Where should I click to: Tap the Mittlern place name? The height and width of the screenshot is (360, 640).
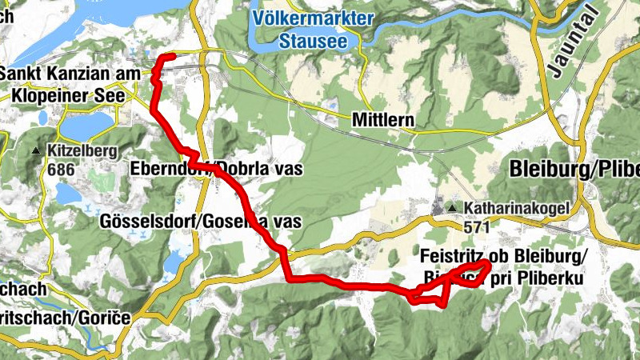(x=383, y=120)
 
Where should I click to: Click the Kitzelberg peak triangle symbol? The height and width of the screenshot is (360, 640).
(x=37, y=150)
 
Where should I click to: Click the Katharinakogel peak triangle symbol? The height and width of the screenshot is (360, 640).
(x=453, y=208)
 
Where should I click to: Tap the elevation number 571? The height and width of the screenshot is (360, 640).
(x=477, y=227)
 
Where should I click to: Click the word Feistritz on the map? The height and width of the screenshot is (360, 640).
(x=454, y=256)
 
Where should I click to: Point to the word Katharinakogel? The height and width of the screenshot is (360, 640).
(x=515, y=208)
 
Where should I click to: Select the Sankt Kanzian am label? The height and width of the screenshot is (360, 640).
(x=70, y=74)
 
